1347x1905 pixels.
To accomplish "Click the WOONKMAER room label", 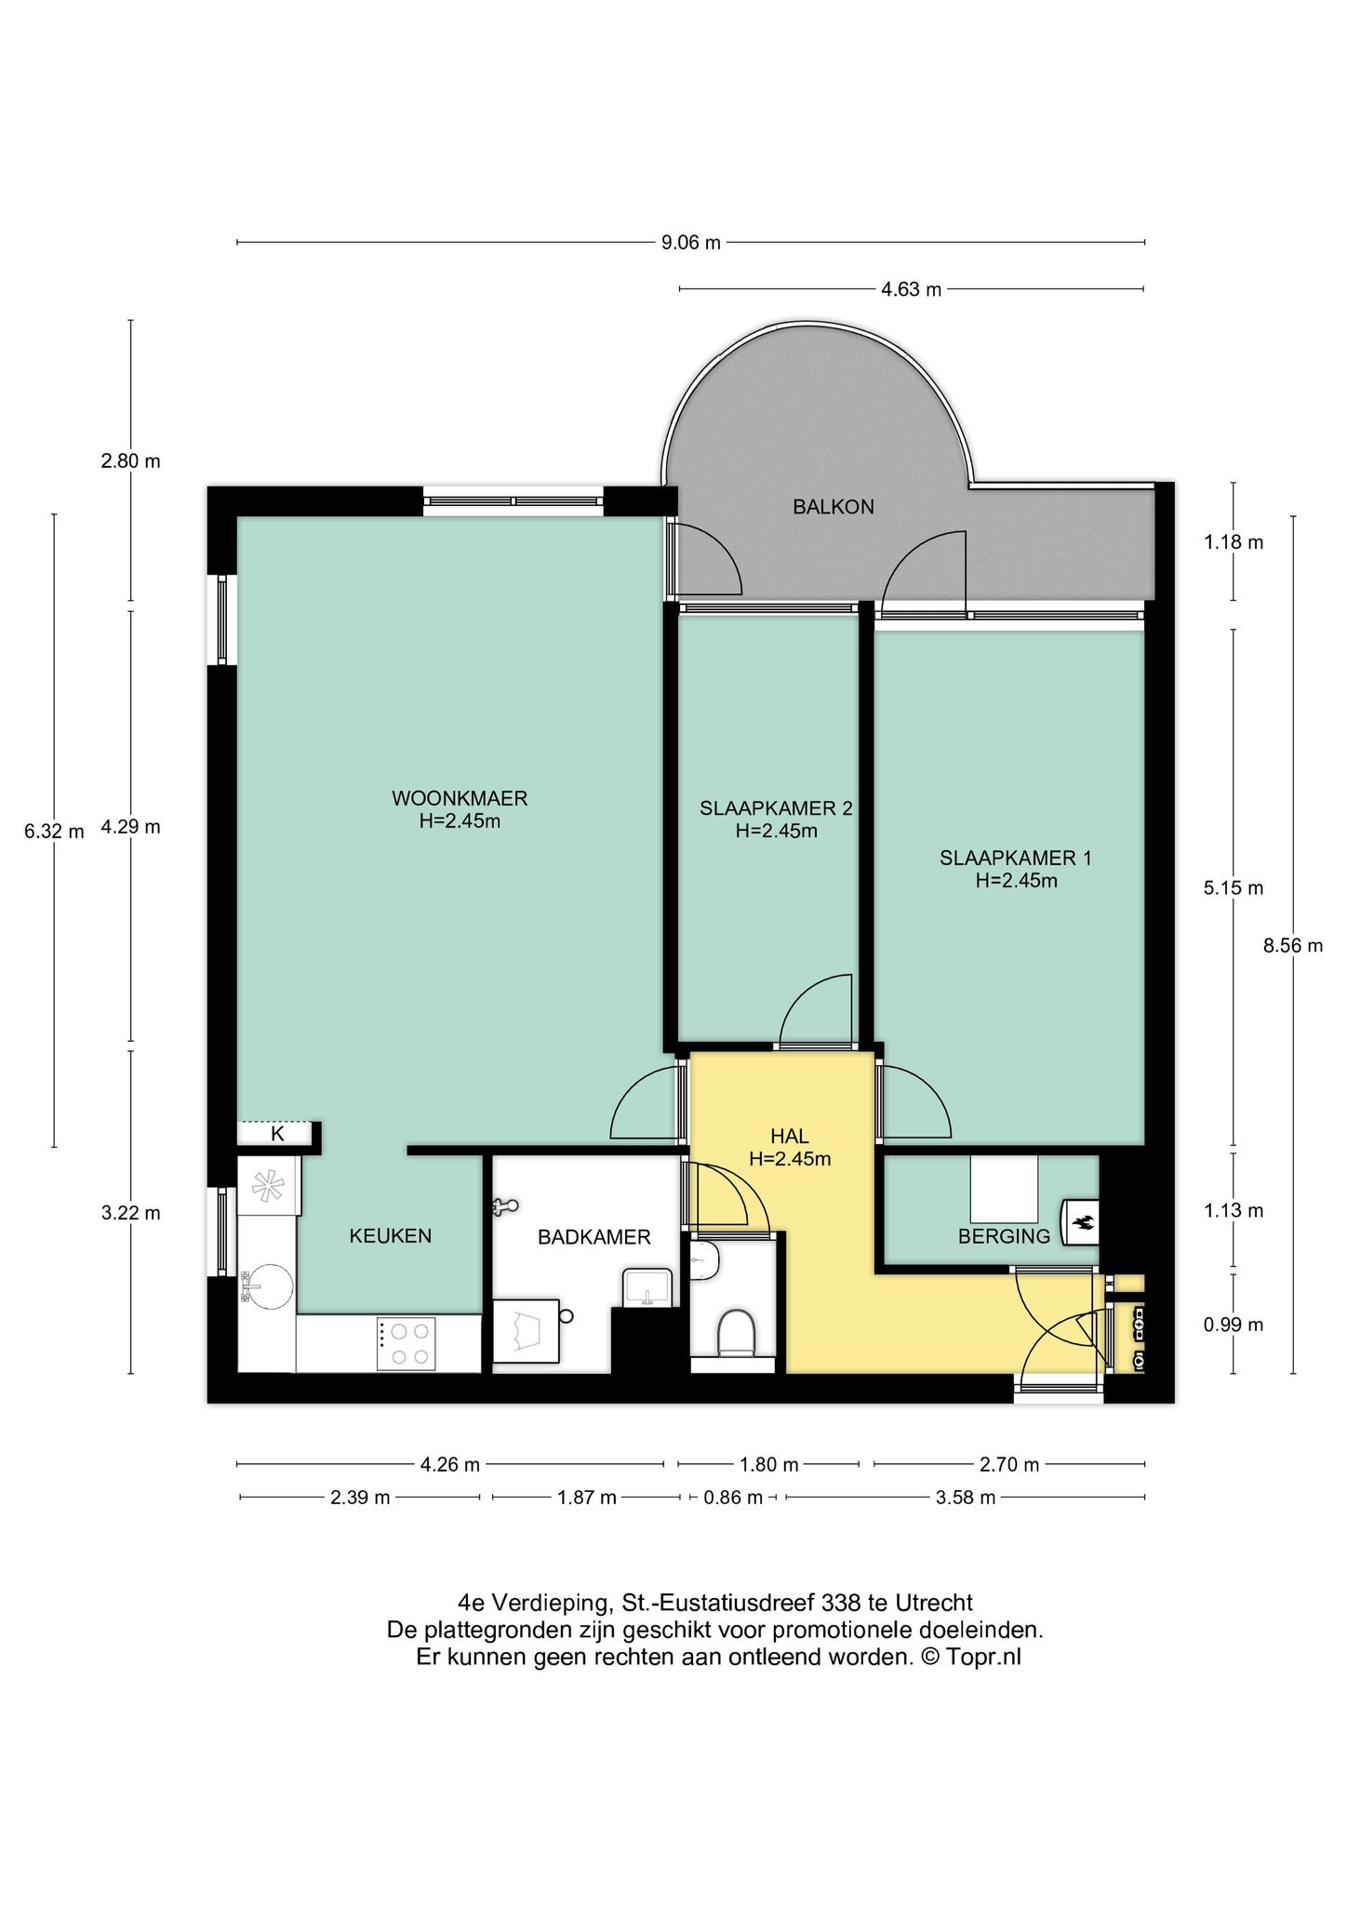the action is click(x=460, y=798).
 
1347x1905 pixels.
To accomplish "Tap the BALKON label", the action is click(x=834, y=507).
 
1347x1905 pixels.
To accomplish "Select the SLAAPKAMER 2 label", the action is click(x=776, y=808).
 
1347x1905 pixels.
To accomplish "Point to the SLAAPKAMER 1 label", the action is click(x=1016, y=858).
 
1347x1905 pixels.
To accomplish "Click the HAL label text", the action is click(x=790, y=1136).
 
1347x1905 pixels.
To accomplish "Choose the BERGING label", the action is click(x=1005, y=1236).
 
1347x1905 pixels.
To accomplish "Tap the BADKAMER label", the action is click(x=594, y=1237).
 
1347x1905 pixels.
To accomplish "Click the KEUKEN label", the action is click(x=391, y=1236).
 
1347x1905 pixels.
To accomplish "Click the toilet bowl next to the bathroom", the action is click(x=736, y=1331).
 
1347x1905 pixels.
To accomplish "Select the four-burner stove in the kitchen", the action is click(x=406, y=1343).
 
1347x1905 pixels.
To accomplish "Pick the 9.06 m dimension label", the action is click(x=691, y=243).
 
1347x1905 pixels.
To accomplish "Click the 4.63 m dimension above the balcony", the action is click(x=912, y=289).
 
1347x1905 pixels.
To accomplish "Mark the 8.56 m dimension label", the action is click(x=1292, y=946).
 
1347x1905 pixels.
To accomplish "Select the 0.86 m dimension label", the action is click(x=733, y=1498).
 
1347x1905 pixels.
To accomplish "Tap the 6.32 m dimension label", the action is click(x=54, y=832).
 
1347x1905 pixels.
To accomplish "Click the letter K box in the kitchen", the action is click(x=276, y=1134).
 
